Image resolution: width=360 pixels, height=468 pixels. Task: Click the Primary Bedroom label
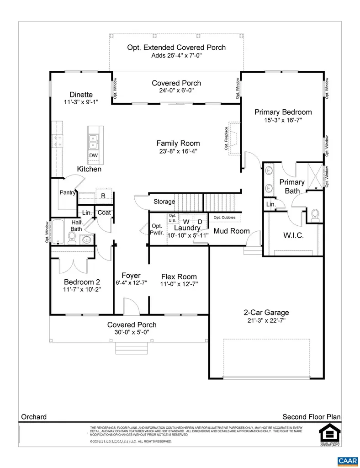tap(283, 112)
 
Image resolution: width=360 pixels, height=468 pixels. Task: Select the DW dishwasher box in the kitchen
tap(93, 156)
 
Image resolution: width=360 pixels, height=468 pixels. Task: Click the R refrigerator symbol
tap(103, 196)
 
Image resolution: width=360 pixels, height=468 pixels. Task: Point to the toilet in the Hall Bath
tap(72, 236)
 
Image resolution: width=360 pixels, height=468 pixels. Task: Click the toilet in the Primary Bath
tap(315, 214)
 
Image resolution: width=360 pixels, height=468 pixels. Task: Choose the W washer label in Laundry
tap(186, 222)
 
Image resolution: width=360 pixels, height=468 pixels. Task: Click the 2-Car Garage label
tap(266, 313)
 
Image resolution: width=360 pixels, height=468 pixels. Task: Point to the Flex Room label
tap(179, 277)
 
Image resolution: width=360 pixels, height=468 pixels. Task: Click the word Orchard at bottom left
tap(34, 416)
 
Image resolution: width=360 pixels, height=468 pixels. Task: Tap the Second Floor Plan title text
tap(312, 416)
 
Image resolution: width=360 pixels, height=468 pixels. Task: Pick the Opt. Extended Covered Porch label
tap(176, 48)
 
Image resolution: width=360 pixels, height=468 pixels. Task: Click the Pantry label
tap(67, 192)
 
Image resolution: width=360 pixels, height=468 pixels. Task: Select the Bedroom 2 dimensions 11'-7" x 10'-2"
tap(82, 289)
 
